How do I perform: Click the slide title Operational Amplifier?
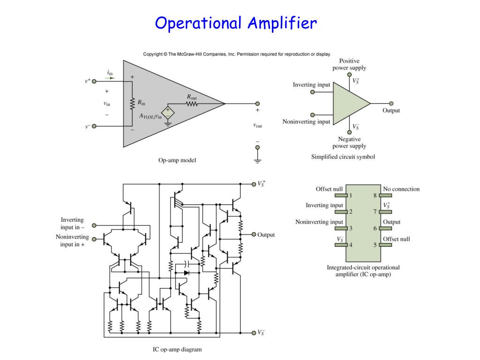click(x=236, y=22)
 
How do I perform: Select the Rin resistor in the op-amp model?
click(x=132, y=102)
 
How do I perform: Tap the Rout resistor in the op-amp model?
click(x=192, y=104)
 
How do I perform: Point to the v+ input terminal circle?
click(x=94, y=81)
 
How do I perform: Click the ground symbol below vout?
click(x=257, y=160)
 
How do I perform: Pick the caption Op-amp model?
click(x=177, y=160)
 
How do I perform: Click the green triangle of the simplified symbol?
click(x=349, y=104)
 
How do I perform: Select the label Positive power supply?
click(x=349, y=64)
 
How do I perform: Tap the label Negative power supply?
click(x=349, y=142)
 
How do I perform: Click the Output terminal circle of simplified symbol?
click(x=391, y=104)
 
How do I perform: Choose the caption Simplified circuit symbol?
click(x=343, y=157)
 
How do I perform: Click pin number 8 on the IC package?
click(x=375, y=195)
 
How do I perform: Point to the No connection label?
click(x=401, y=189)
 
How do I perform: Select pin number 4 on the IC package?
click(x=350, y=245)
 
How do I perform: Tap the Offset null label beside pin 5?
click(x=396, y=239)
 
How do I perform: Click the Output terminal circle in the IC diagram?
click(x=254, y=234)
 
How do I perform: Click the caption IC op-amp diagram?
click(x=177, y=349)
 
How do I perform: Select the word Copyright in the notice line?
click(x=153, y=54)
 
